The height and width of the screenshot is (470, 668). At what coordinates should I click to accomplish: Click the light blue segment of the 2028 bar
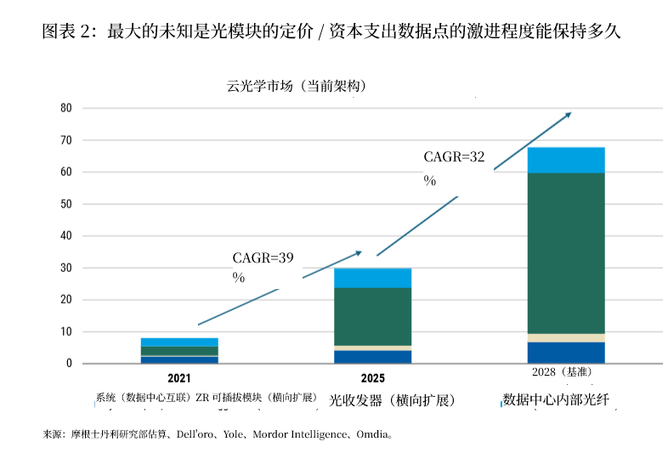point(565,160)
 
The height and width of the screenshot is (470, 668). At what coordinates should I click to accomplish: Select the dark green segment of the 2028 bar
point(565,252)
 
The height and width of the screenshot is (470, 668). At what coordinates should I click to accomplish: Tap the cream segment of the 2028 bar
point(565,337)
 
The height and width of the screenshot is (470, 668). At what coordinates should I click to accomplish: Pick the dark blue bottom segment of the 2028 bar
point(565,353)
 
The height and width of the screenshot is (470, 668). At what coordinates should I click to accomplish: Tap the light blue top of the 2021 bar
point(179,342)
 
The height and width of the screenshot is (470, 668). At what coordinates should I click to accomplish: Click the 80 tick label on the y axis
point(66,108)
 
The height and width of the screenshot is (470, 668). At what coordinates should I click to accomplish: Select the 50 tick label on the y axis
point(66,204)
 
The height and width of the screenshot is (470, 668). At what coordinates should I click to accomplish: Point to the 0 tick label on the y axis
point(69,364)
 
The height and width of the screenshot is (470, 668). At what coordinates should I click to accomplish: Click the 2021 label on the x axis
point(179,378)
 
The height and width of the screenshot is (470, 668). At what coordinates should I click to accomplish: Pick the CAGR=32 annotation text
point(454,157)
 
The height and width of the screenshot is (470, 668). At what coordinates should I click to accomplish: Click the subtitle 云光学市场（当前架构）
point(296,86)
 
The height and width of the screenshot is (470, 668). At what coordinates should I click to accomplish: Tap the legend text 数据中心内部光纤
point(557,399)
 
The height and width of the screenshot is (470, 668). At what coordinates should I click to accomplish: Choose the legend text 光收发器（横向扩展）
point(393,399)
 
